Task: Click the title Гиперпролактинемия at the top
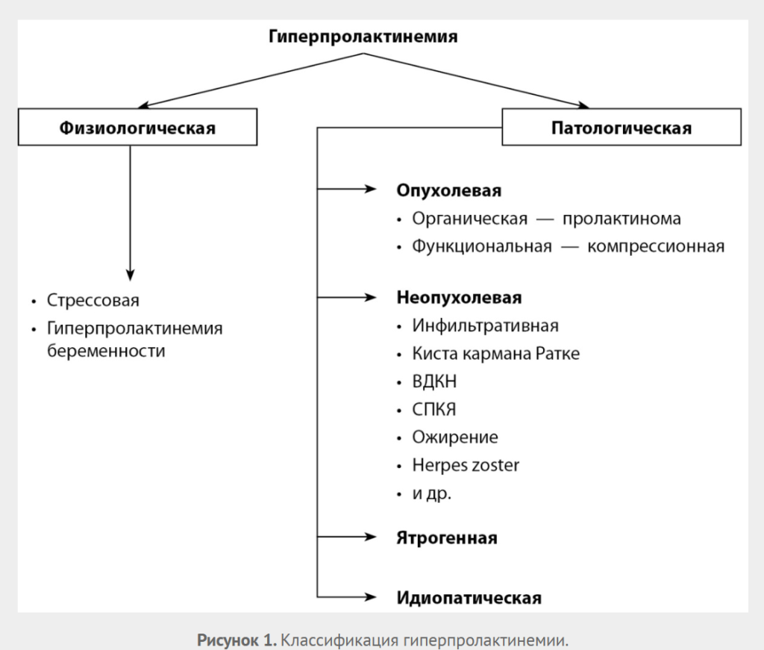pos(363,36)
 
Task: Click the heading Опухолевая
pos(449,190)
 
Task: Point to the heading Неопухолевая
pos(459,298)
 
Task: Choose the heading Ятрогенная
pos(447,537)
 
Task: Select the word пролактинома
pos(621,219)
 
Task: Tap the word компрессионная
pos(656,246)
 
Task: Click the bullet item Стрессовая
pos(93,301)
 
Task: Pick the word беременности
pos(106,351)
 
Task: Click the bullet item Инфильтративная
pos(485,326)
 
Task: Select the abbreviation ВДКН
pos(434,381)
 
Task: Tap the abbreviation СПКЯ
pos(434,410)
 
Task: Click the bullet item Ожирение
pos(455,437)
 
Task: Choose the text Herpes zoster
pos(466,465)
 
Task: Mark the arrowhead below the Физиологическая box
pos(131,273)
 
